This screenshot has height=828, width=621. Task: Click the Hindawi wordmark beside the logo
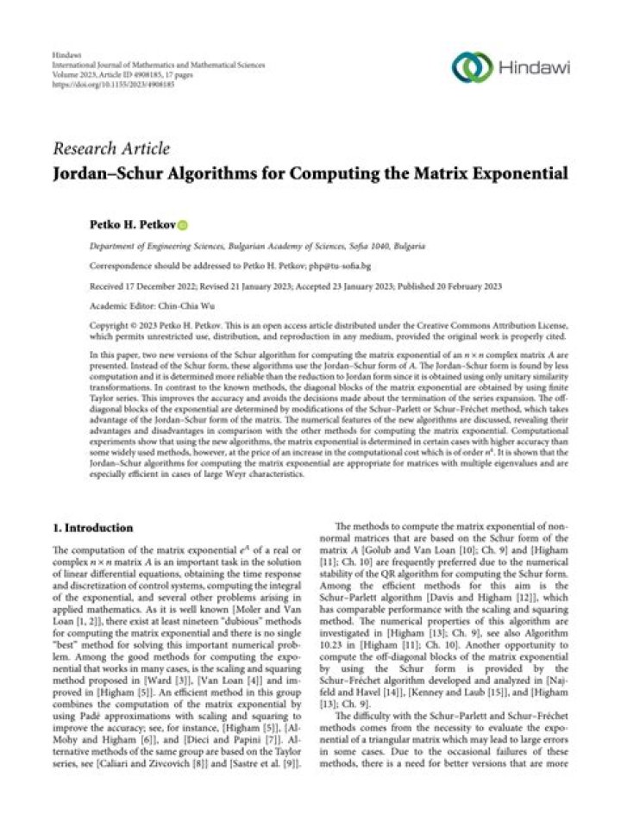tap(535, 66)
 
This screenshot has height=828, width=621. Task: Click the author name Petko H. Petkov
tap(132, 226)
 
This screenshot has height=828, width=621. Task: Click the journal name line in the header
tap(158, 65)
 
